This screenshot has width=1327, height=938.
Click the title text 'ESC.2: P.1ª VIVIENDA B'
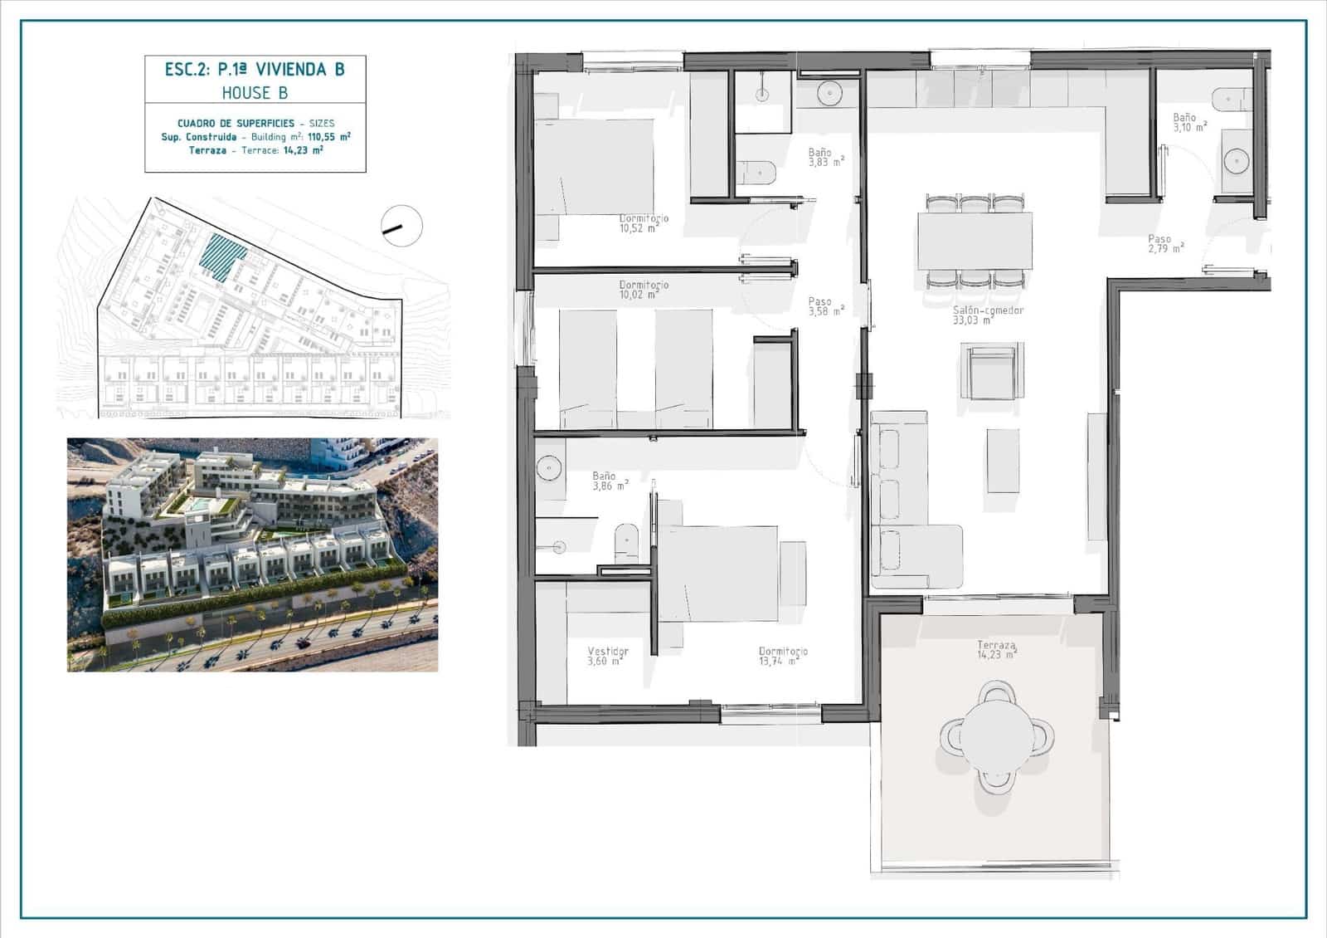tap(255, 69)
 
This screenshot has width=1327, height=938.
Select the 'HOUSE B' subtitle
tap(255, 93)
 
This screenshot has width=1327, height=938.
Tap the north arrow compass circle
tap(401, 225)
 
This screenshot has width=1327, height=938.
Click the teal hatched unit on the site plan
tap(223, 251)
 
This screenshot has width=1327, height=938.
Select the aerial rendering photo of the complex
tap(252, 554)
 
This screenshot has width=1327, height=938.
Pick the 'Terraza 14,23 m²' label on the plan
tap(996, 650)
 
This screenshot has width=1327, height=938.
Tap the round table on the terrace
tap(995, 735)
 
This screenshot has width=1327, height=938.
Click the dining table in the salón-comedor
tap(975, 241)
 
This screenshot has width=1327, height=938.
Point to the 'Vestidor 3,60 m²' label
tap(607, 656)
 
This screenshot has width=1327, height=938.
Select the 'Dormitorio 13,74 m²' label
tap(782, 656)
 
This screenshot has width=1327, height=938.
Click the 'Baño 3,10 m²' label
tap(1188, 122)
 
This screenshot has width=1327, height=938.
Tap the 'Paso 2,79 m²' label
tap(1164, 244)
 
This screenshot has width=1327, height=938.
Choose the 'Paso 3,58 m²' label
tap(825, 306)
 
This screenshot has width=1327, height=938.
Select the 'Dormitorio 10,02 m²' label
tap(643, 289)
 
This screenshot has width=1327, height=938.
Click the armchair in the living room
tap(992, 371)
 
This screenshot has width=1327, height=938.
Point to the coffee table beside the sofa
tap(1003, 460)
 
